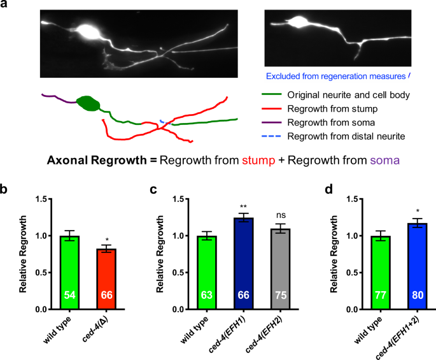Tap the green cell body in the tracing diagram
[87, 103]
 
